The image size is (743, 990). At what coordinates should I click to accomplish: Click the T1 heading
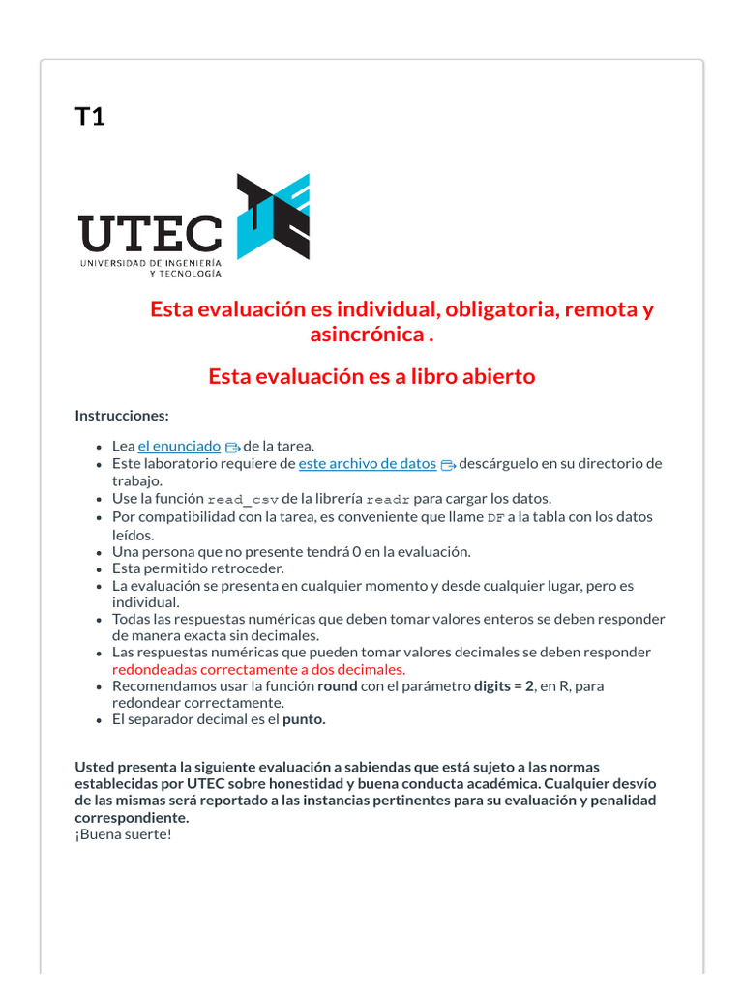tap(90, 117)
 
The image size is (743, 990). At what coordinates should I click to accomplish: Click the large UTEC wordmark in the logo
tap(150, 233)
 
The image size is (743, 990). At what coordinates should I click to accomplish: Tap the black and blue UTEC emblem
tap(274, 217)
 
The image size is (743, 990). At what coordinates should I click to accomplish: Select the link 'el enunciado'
tap(179, 446)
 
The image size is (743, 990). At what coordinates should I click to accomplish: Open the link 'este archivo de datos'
tap(368, 463)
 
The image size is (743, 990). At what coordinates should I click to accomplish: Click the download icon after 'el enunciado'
tap(232, 447)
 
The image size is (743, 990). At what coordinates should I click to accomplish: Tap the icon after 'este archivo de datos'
tap(447, 464)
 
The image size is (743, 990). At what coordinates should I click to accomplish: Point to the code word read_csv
tap(243, 499)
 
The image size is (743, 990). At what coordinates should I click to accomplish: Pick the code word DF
tap(495, 517)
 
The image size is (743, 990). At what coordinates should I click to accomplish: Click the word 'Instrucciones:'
tap(122, 415)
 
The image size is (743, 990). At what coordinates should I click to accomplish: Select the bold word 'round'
tap(339, 685)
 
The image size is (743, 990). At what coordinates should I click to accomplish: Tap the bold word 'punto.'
tap(304, 719)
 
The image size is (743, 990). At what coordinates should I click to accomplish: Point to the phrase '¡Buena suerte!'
tap(123, 834)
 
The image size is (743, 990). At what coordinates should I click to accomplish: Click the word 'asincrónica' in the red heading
tap(367, 335)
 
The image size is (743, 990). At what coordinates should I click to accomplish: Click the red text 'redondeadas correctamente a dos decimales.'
tap(258, 669)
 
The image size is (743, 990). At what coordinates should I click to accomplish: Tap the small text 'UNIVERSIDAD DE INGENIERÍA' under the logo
tap(151, 263)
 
